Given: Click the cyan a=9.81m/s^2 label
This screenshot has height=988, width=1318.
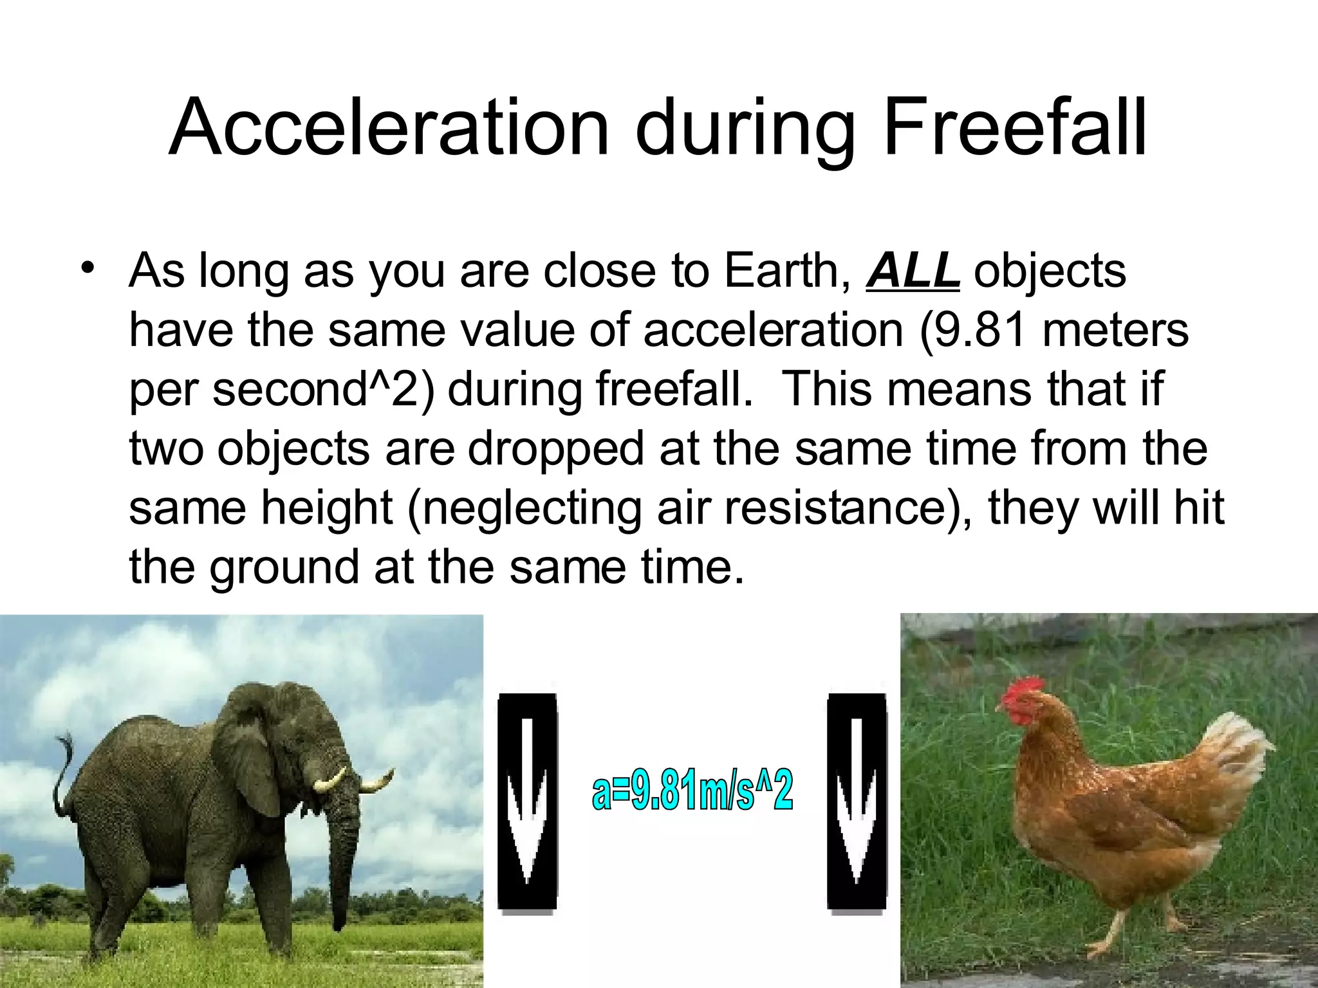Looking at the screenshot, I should (x=692, y=792).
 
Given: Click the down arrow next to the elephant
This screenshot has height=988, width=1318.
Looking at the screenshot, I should (x=527, y=803).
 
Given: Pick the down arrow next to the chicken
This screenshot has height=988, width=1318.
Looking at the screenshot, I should (x=857, y=803).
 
